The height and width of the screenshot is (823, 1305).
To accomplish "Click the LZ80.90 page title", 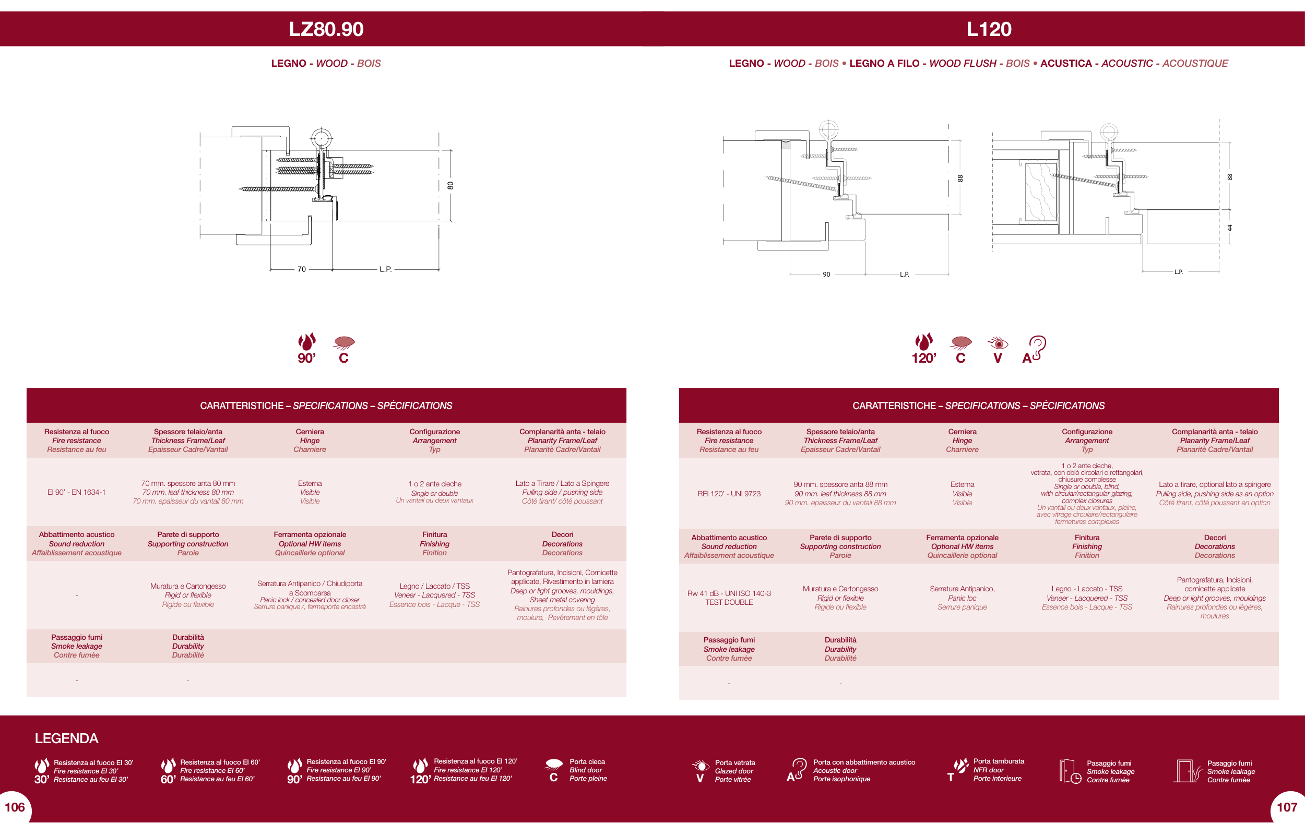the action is [326, 29].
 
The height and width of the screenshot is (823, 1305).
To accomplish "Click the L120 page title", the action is [989, 29].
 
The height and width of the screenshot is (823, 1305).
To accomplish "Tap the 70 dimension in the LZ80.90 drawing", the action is [301, 269].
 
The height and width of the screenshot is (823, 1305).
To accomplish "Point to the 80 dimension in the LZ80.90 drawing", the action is [450, 185].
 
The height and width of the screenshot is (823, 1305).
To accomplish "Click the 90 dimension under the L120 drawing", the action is [826, 275].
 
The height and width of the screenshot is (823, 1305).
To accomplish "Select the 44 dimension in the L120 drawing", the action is [1230, 228].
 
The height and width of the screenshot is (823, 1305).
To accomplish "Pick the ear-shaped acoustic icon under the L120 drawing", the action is [1035, 350].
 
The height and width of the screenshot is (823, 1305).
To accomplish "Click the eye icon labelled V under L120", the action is [998, 350].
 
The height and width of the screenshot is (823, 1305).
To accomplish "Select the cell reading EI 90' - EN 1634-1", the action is [76, 493].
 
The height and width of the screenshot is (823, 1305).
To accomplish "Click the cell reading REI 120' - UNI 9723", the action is [729, 494].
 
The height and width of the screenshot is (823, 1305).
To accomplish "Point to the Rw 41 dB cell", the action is [729, 598].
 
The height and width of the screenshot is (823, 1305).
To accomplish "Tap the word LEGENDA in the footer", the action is [67, 738].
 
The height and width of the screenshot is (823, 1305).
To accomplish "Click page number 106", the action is [15, 807].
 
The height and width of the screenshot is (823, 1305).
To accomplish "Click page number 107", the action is [1287, 807].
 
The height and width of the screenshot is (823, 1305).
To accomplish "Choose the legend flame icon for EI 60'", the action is [168, 771].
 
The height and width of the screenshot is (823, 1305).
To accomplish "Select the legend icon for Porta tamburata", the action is [958, 770].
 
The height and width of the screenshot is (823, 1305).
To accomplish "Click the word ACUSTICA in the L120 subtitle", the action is [1066, 63].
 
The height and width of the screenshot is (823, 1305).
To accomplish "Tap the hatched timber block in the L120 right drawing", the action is [1041, 192].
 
